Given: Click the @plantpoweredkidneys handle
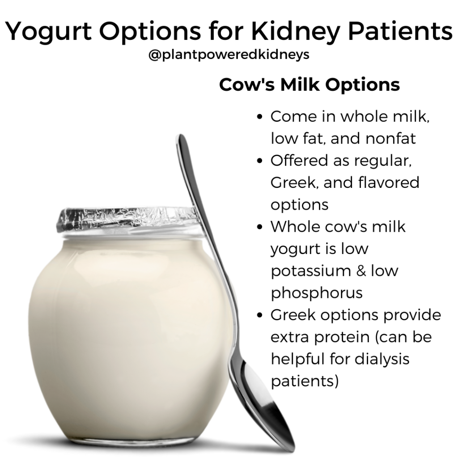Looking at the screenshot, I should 229,57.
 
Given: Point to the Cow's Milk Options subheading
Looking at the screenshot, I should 309,85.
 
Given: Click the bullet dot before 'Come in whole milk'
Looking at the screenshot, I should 261,117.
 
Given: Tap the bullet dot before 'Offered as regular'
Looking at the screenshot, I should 261,161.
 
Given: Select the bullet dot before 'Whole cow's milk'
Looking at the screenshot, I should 261,227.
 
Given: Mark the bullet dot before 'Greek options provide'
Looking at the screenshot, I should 261,315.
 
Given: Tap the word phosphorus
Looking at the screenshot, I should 316,293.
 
